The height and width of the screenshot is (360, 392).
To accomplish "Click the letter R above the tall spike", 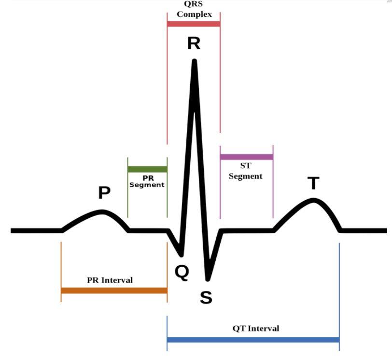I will (x=194, y=44).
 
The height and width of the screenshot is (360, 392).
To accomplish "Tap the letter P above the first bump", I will (x=104, y=193).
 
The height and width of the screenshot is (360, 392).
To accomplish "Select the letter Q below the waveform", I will (x=182, y=273).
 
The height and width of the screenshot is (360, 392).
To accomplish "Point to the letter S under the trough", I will (x=206, y=298).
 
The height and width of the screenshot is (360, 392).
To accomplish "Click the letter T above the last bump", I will (x=314, y=183).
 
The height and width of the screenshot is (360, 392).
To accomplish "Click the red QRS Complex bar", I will (x=194, y=24).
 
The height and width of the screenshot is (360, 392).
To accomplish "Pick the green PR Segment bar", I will (x=147, y=170).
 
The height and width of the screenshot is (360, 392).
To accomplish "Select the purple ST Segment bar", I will (x=246, y=157).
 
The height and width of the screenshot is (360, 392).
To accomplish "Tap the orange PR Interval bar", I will (x=114, y=291).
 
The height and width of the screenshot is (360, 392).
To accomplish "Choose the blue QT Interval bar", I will (x=253, y=340).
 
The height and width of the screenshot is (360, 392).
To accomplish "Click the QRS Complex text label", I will (x=194, y=9).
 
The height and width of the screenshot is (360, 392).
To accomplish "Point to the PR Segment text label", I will (x=147, y=181).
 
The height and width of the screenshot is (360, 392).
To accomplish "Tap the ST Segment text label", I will (x=246, y=171).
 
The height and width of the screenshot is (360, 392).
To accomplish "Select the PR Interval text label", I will (x=110, y=280).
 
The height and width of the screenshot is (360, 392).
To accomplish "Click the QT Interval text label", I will (x=256, y=328).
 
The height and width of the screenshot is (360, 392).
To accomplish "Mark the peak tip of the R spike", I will (x=195, y=61).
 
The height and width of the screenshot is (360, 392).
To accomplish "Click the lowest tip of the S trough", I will (x=208, y=279).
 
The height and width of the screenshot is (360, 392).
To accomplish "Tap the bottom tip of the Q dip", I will (x=181, y=254).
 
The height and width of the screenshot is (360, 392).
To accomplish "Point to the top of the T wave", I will (x=314, y=200).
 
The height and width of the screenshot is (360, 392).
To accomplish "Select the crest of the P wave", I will (x=102, y=211).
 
